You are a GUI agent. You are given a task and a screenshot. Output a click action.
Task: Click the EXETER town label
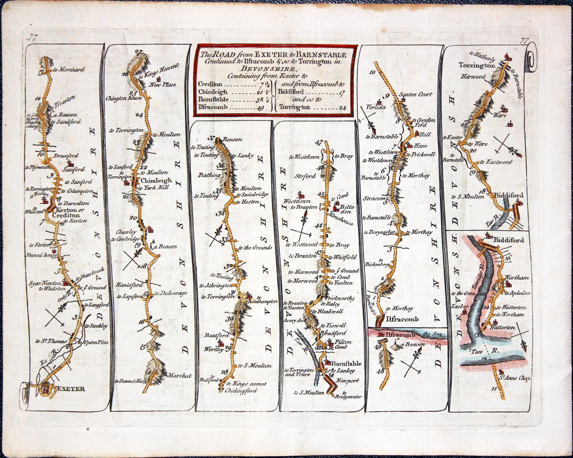pyautogui.click(x=71, y=389)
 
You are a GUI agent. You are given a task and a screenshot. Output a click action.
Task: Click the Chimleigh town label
pyautogui.click(x=156, y=180)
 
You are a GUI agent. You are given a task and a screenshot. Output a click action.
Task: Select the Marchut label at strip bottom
pyautogui.click(x=179, y=376)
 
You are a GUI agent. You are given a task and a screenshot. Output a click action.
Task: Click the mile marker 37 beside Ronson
pyautogui.click(x=212, y=138)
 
